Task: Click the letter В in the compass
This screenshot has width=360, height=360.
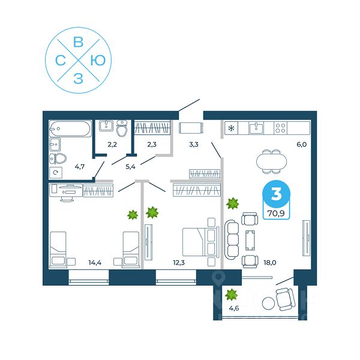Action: point(77,42)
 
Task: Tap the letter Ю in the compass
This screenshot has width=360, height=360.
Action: point(100,59)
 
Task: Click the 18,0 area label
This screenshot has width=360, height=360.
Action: point(269,262)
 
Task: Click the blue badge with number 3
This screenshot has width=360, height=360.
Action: point(275,195)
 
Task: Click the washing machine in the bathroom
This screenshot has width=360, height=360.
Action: point(56,173)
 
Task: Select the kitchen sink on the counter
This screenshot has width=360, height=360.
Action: point(257,127)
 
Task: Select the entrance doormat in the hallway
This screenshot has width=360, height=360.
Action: point(191,127)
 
